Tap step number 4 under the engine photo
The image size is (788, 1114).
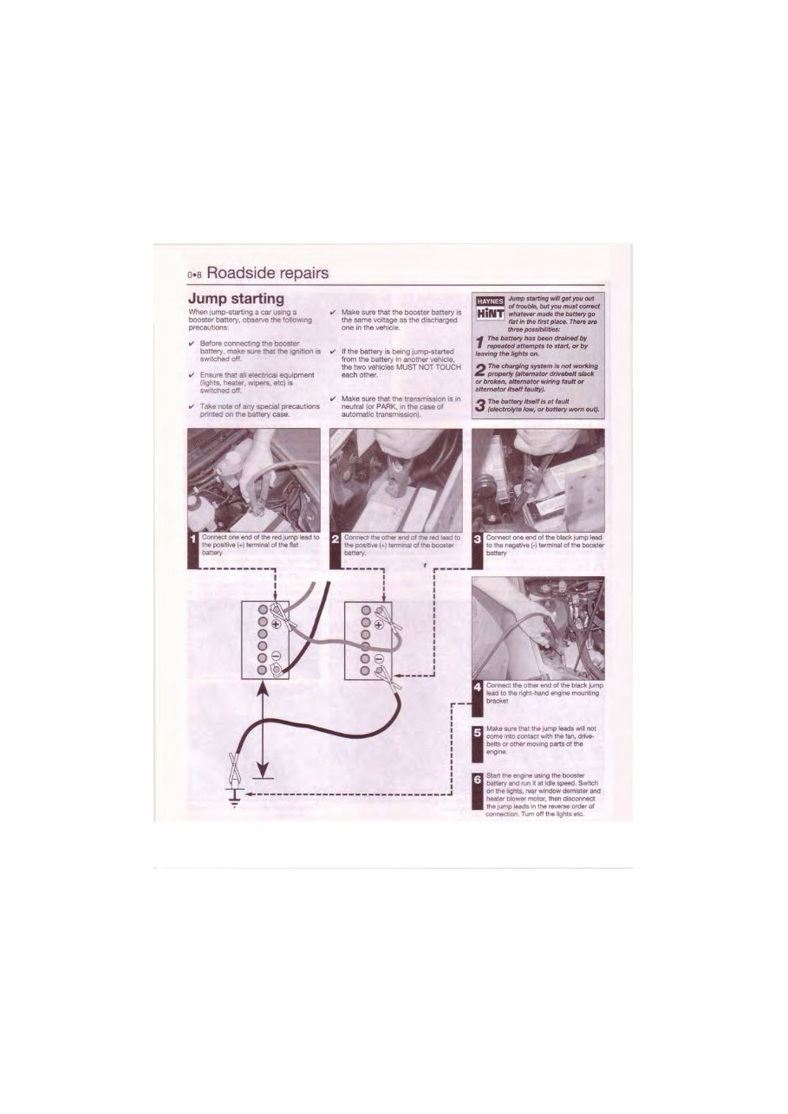pyautogui.click(x=478, y=689)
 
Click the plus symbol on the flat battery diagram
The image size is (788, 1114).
pyautogui.click(x=277, y=624)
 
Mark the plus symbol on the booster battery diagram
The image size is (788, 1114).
pyautogui.click(x=379, y=624)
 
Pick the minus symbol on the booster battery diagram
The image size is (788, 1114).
pyautogui.click(x=379, y=656)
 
